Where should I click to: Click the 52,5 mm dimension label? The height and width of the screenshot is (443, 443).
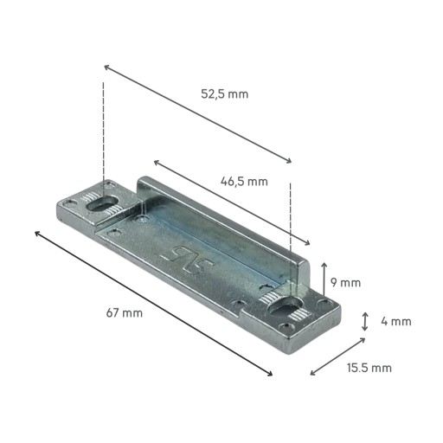click(x=224, y=94)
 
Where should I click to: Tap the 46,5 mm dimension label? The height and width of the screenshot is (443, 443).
click(x=244, y=182)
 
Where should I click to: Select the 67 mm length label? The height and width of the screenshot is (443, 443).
click(x=125, y=313)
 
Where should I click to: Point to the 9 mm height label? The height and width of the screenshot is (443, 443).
click(x=345, y=283)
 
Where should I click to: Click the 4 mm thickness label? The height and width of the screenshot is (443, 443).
click(x=396, y=321)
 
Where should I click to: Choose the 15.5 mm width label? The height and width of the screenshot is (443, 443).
click(x=369, y=368)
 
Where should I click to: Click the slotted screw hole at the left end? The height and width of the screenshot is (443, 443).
click(x=103, y=203)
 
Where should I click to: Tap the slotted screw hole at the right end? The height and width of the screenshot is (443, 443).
click(x=285, y=306)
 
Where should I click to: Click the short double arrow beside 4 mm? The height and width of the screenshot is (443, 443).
click(x=365, y=322)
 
